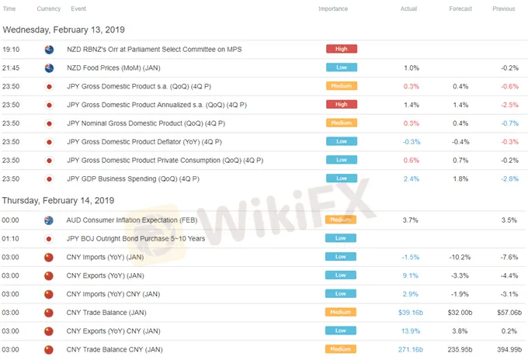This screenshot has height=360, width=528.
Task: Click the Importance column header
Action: (333, 9)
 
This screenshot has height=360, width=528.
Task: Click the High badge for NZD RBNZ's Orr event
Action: (341, 49)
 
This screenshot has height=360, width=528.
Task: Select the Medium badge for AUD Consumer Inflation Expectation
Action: (341, 220)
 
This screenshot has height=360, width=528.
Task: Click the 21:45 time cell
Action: (11, 67)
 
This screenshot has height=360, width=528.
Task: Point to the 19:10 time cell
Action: (11, 49)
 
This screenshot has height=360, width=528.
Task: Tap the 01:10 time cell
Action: (11, 238)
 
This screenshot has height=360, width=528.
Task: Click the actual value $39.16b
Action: (410, 312)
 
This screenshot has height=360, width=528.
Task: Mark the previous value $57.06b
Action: (509, 312)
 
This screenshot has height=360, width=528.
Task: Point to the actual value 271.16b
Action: (410, 350)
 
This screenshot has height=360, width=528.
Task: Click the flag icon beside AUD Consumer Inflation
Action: (49, 220)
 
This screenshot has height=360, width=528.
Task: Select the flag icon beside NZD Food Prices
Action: (49, 67)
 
